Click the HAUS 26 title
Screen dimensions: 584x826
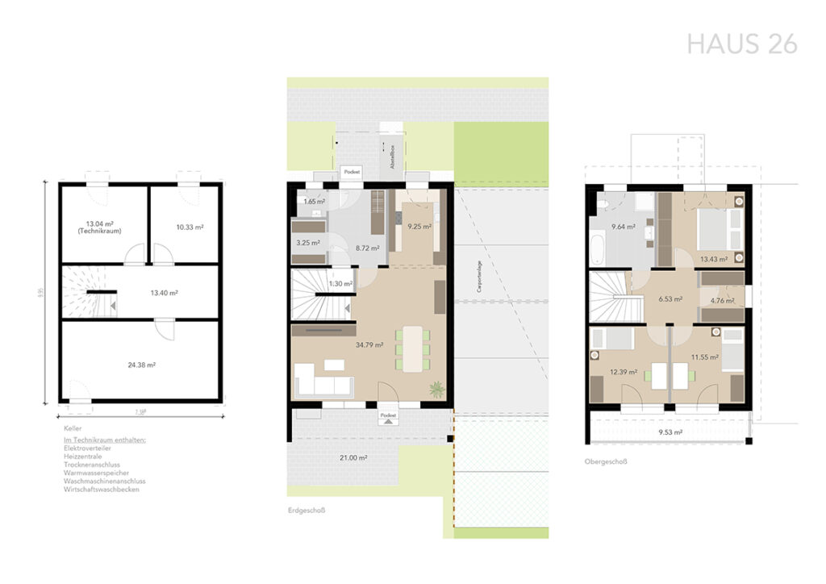(x=741, y=44)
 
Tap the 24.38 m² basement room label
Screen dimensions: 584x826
(x=140, y=365)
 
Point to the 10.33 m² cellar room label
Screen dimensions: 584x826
(x=190, y=227)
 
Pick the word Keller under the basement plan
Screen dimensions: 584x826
(x=73, y=428)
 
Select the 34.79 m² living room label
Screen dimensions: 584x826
(x=369, y=344)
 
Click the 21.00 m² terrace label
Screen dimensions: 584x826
(x=354, y=457)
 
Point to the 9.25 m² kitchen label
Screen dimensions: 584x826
(x=419, y=227)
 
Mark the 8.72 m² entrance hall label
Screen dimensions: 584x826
(x=367, y=248)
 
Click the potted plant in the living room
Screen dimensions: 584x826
(x=436, y=390)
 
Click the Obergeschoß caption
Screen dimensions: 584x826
(x=606, y=462)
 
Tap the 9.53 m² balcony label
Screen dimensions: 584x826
(x=670, y=432)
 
